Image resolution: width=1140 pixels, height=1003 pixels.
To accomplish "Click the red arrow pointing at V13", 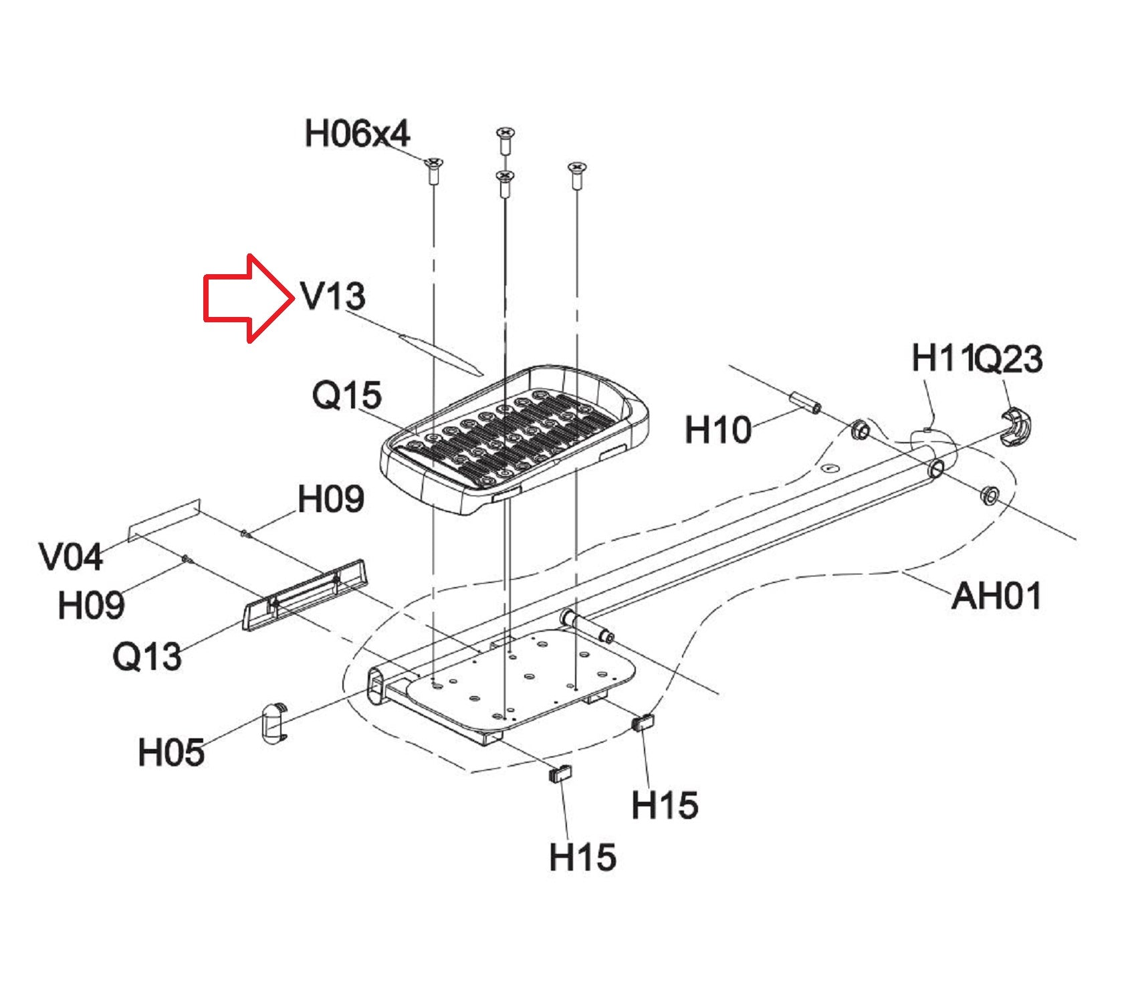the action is click(x=248, y=298).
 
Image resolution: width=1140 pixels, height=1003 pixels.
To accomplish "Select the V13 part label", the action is click(x=333, y=296).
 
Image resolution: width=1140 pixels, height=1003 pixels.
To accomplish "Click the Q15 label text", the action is click(x=347, y=395).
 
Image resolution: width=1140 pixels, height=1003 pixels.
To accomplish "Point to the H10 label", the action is click(x=718, y=429).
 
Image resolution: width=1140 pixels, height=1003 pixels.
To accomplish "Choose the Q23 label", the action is click(x=1007, y=359).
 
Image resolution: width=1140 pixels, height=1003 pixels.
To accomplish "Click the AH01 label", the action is click(x=996, y=596).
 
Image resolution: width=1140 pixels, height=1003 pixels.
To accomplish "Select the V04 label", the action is click(x=71, y=556).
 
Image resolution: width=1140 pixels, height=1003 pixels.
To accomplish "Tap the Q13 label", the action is click(x=147, y=656).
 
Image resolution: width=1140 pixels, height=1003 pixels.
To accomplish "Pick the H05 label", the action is click(x=171, y=752).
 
